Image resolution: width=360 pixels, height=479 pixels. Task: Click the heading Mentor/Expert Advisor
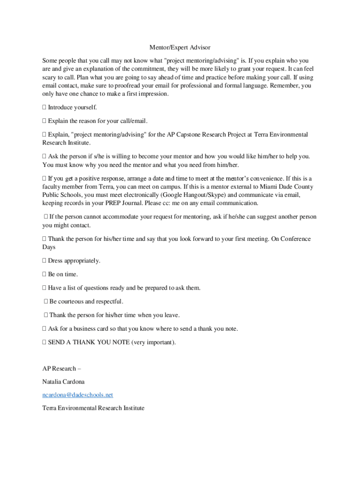click(180, 48)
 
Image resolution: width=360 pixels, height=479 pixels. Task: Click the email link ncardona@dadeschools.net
click(78, 395)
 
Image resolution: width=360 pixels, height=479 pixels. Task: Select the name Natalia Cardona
click(64, 382)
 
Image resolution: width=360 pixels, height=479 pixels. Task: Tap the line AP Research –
click(62, 369)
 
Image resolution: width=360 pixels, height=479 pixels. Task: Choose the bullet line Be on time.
click(63, 274)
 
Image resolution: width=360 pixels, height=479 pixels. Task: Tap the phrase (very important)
click(154, 342)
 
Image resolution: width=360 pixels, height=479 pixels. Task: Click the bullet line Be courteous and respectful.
click(86, 302)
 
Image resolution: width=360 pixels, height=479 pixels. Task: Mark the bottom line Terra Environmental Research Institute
click(94, 408)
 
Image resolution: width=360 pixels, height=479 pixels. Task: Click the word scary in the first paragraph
click(50, 78)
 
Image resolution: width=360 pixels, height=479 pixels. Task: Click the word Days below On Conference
click(49, 247)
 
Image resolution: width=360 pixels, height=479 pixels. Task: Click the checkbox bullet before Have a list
click(44, 288)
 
